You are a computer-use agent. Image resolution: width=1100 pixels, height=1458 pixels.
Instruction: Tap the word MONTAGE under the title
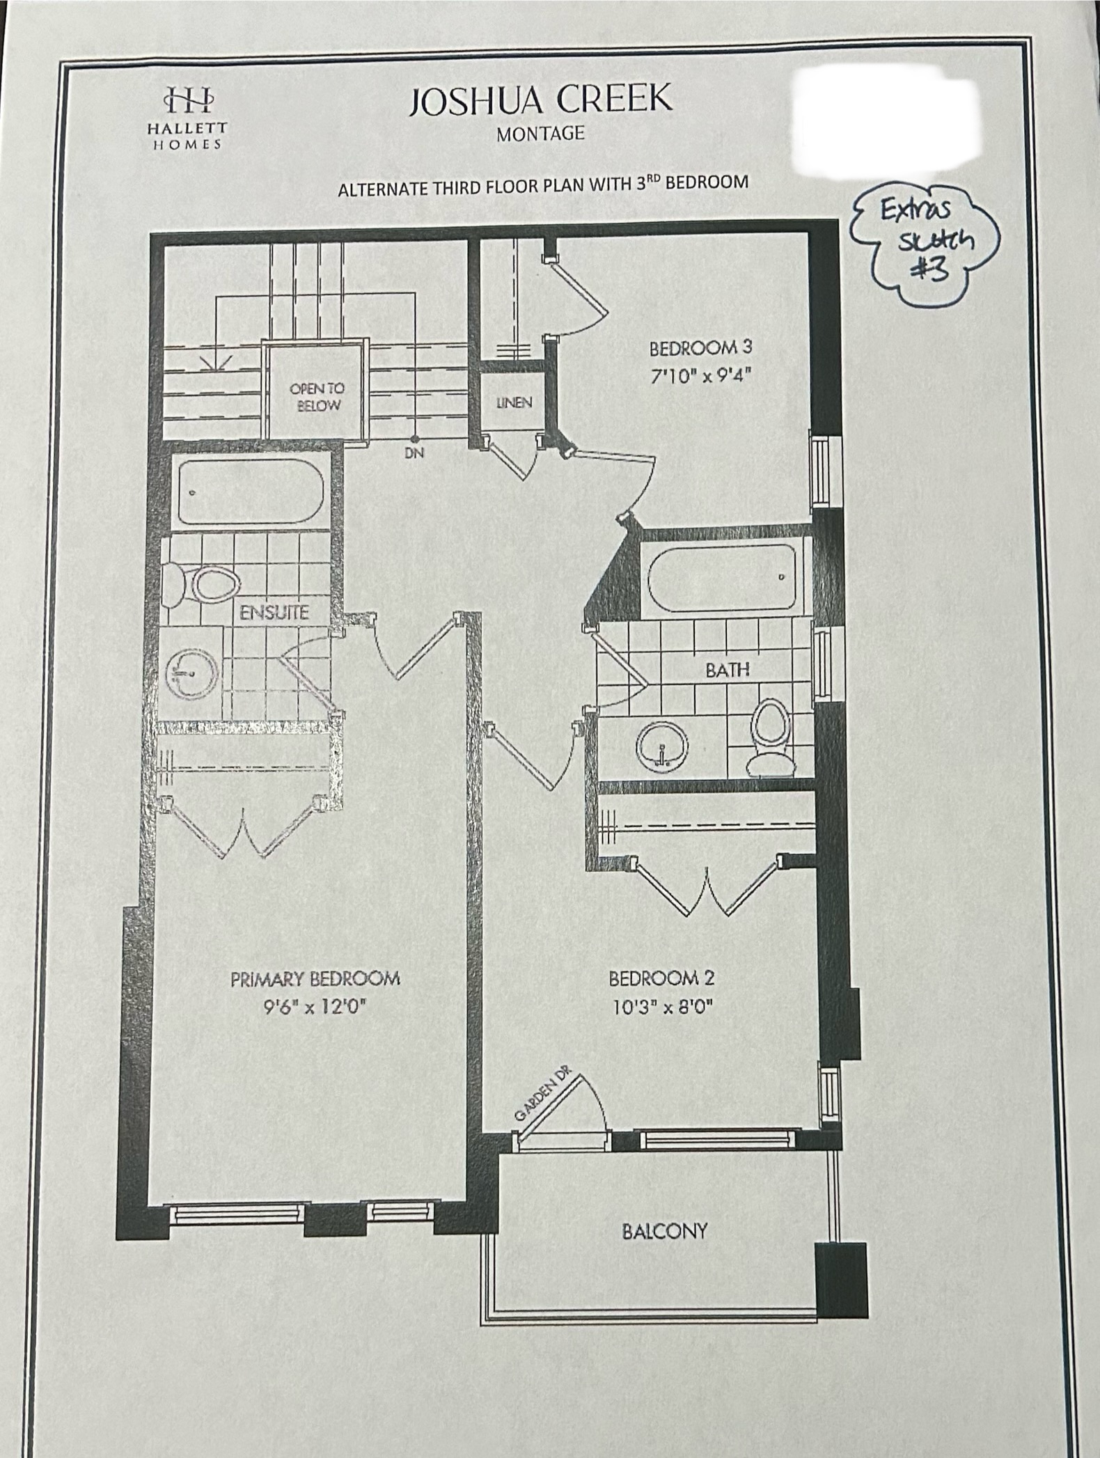[540, 134]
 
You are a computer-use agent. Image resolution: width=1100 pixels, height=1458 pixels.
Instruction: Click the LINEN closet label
[514, 402]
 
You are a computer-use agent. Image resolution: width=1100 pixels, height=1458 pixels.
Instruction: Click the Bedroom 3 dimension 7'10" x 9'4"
[702, 376]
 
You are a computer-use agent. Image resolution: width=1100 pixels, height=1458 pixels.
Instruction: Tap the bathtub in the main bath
[721, 577]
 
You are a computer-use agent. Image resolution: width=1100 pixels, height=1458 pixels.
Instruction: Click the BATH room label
[728, 670]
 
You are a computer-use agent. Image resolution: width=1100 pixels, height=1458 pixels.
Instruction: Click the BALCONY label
[664, 1231]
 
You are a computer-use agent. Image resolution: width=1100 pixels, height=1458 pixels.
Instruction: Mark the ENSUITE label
[274, 613]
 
